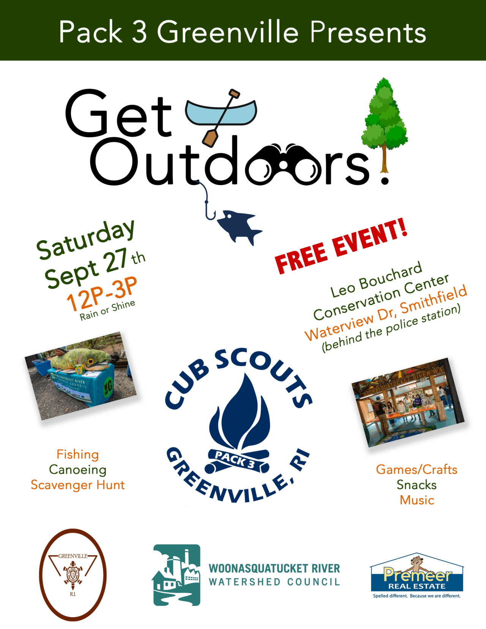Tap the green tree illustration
click(384, 125)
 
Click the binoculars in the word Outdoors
click(284, 164)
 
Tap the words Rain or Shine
click(107, 310)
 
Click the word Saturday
click(86, 240)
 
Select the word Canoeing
click(77, 470)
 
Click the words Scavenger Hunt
click(77, 485)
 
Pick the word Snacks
click(417, 485)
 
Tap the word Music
click(417, 500)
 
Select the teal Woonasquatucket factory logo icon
click(177, 575)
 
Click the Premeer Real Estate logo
click(417, 576)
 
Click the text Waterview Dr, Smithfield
click(386, 312)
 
